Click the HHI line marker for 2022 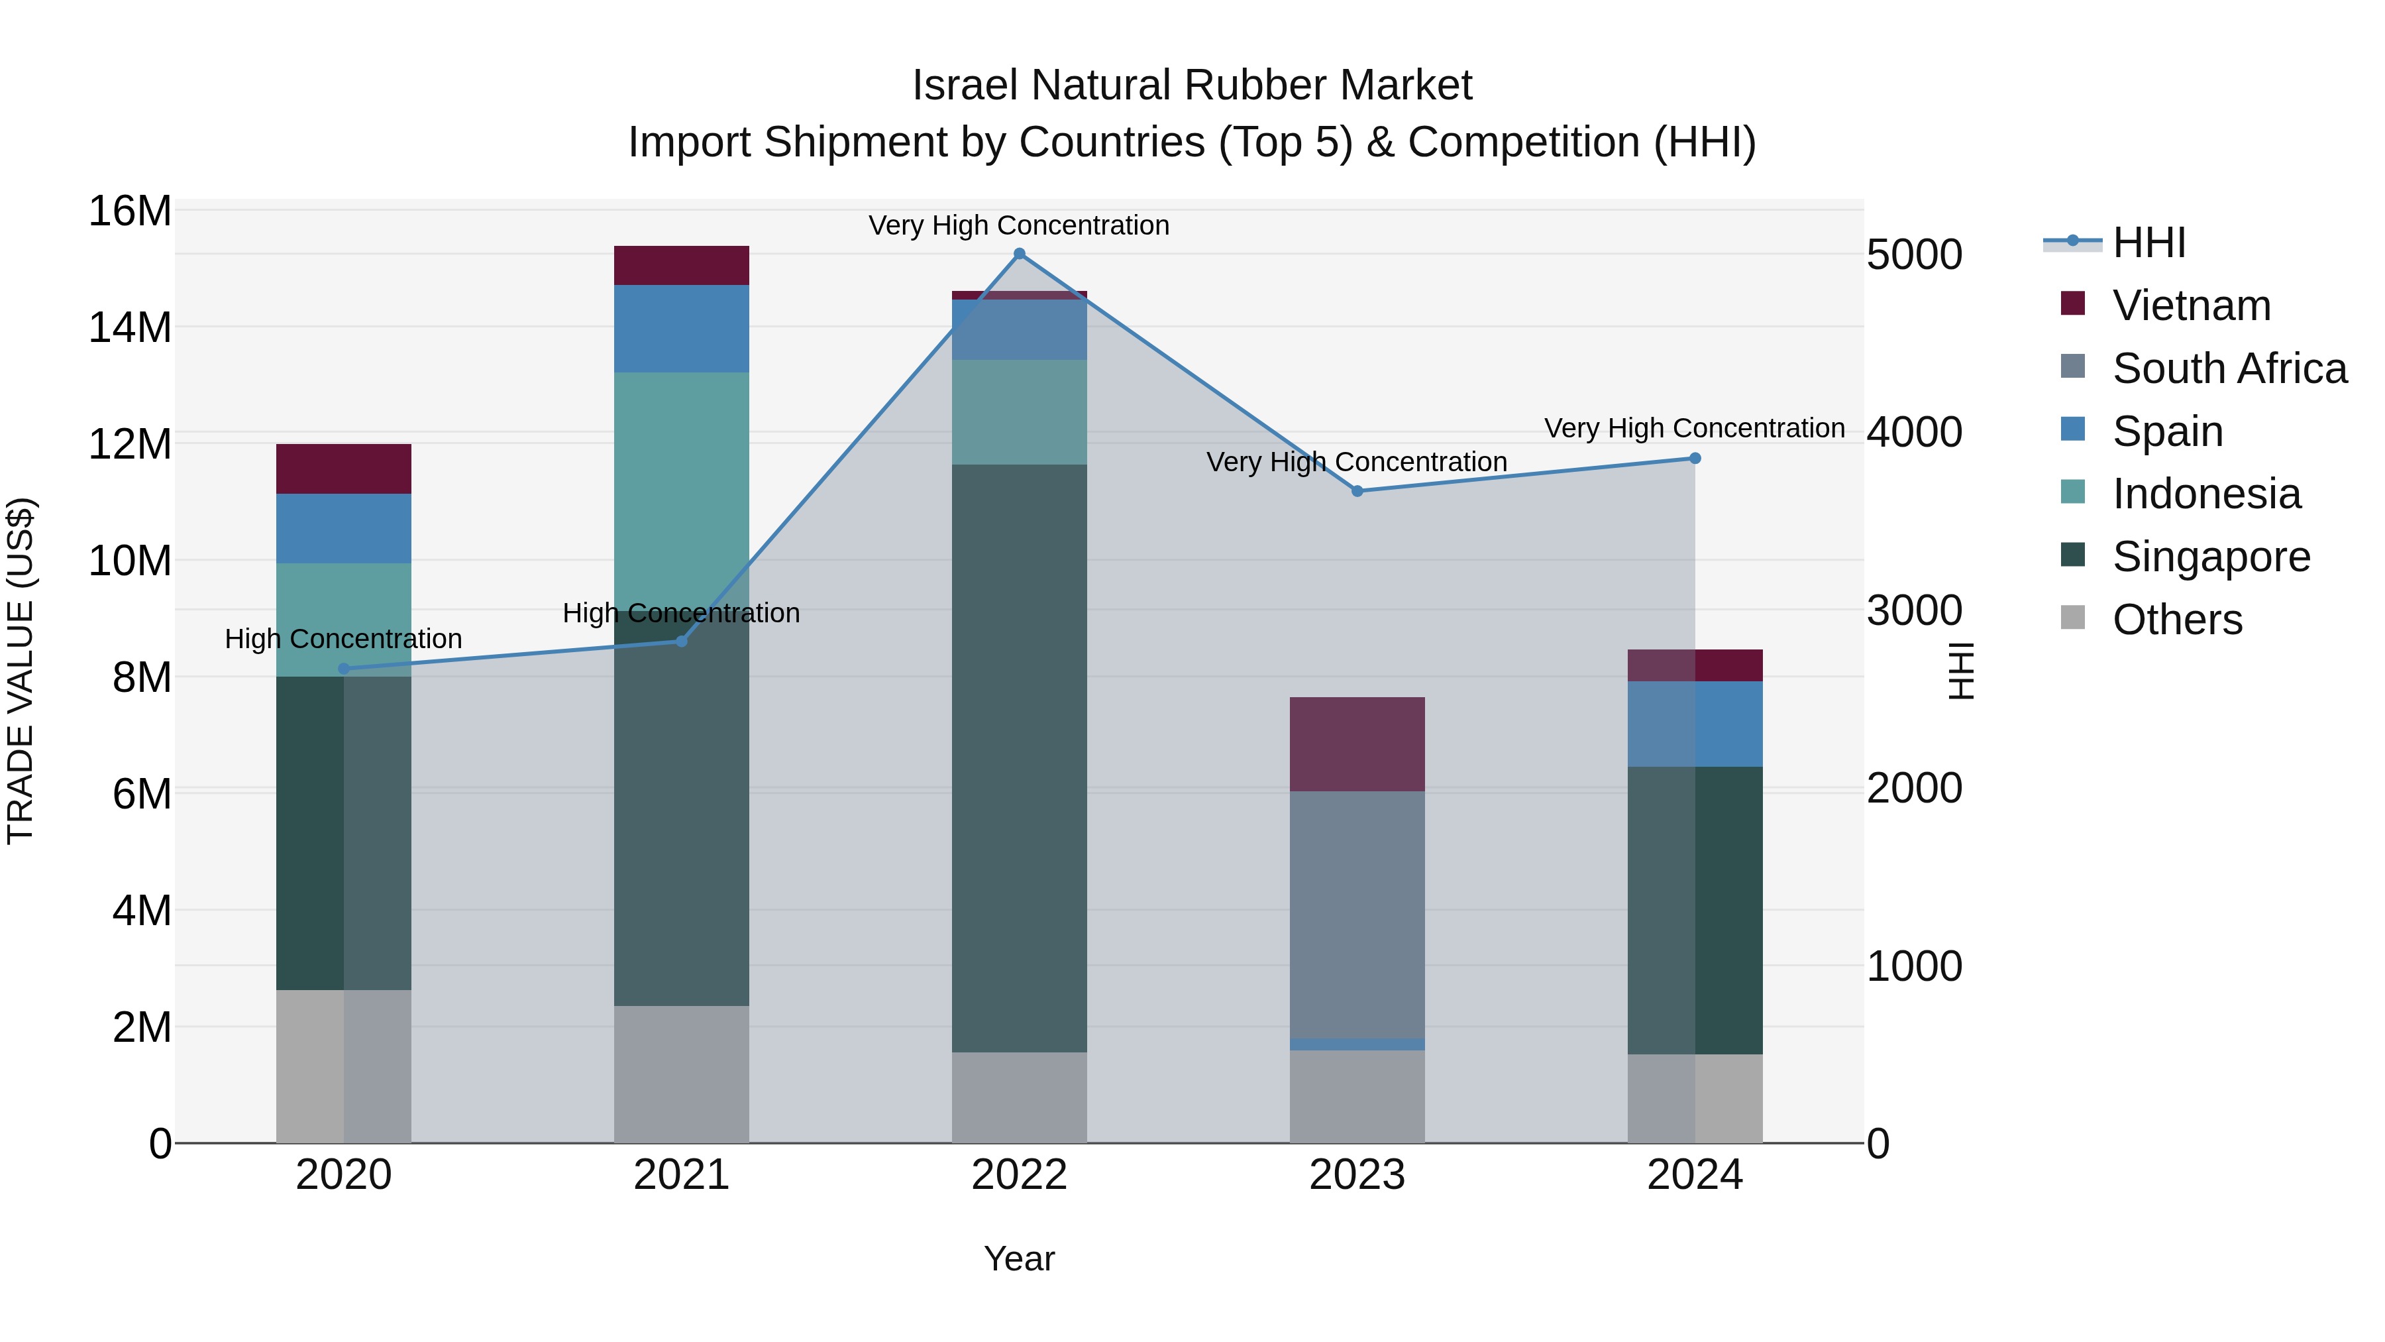[x=1020, y=254]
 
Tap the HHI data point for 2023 [x=1357, y=491]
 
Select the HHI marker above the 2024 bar [x=1695, y=459]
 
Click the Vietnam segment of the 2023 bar [x=1357, y=744]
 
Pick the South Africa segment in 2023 [x=1357, y=914]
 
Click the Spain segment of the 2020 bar [x=343, y=528]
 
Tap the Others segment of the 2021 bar [x=682, y=1074]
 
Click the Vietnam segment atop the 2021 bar [x=682, y=266]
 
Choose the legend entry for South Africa [x=2229, y=368]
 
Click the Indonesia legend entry [x=2205, y=494]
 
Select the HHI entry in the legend [x=2148, y=243]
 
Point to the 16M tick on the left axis [x=130, y=211]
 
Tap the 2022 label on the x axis [x=1020, y=1175]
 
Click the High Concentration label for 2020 [x=343, y=639]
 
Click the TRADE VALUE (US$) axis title [x=21, y=671]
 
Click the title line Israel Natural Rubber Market [x=1192, y=85]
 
